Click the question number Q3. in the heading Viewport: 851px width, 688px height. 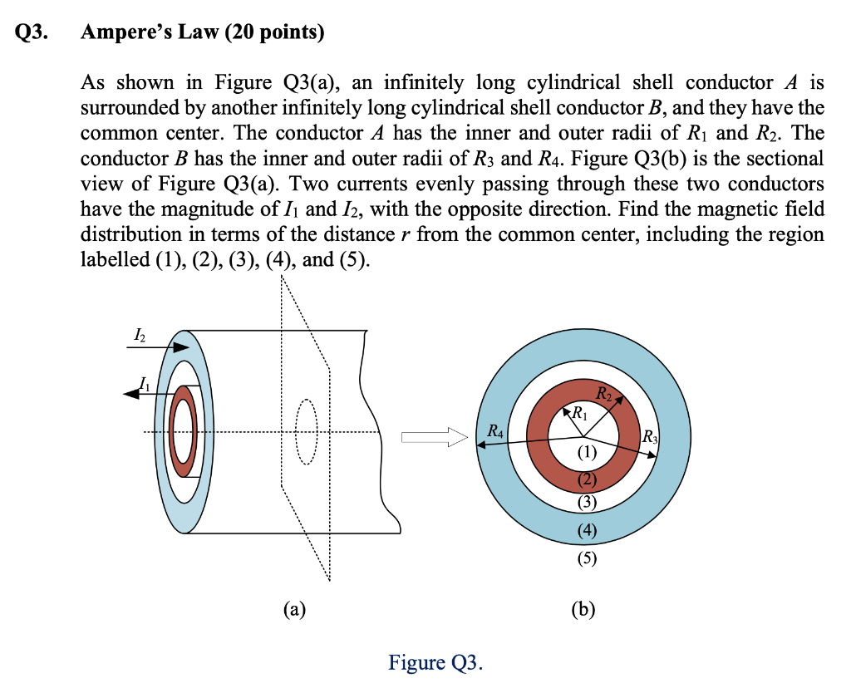coord(32,33)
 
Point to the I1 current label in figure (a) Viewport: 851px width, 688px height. coord(145,384)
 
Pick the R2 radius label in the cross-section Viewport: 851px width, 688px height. coord(604,393)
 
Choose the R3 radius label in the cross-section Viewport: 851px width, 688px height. coord(650,438)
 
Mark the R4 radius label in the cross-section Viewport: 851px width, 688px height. coord(494,431)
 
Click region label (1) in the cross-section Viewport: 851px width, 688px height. coord(586,453)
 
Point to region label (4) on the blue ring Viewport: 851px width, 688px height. coord(586,533)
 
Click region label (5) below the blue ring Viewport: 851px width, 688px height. coord(586,558)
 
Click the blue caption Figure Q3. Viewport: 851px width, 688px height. coord(435,662)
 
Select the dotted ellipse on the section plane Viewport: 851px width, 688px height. coord(307,432)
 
